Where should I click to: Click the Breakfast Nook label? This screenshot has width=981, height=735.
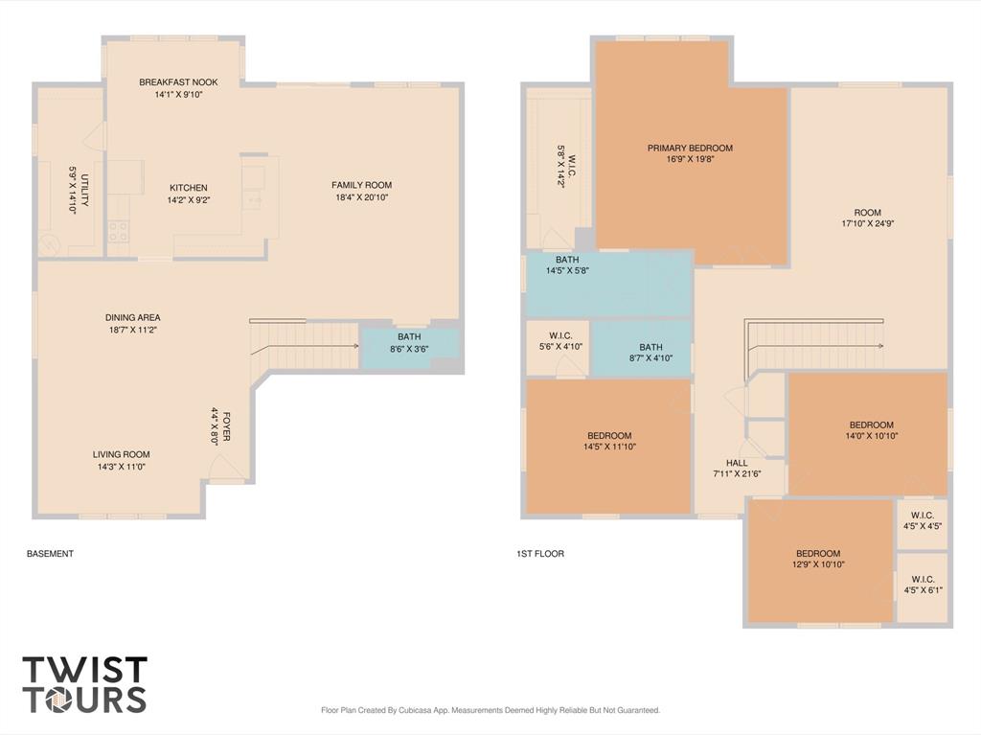point(178,82)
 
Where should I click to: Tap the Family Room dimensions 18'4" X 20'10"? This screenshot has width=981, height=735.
point(361,197)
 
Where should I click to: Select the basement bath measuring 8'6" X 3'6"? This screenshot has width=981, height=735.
point(410,349)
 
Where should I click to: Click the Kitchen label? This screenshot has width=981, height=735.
point(189,188)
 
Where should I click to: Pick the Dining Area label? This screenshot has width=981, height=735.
point(132,317)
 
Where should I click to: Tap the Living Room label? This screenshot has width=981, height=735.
point(122,454)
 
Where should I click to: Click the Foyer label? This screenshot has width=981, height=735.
point(226,425)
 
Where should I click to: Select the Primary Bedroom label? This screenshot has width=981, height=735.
point(690,149)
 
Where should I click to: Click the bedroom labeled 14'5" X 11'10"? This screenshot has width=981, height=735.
point(608,446)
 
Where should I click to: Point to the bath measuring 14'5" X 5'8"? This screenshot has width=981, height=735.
point(608,285)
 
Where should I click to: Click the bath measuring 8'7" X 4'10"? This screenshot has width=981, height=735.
point(641,348)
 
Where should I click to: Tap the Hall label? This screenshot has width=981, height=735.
point(737,463)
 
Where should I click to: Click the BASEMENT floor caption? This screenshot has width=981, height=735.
point(50,554)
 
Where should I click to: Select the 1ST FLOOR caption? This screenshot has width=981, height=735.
point(540,554)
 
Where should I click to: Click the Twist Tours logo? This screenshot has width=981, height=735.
point(85,684)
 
